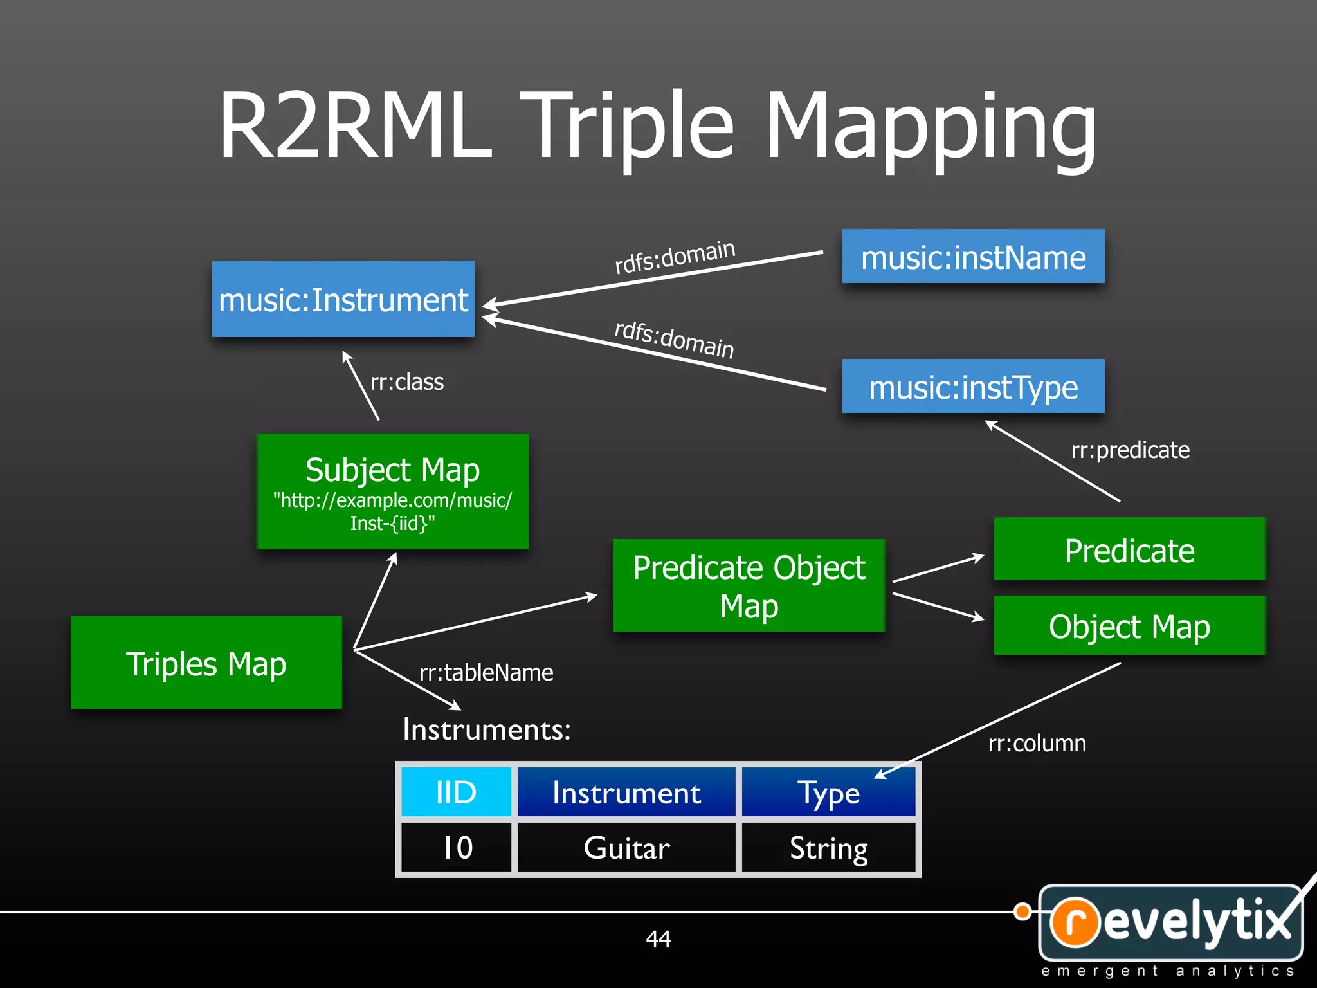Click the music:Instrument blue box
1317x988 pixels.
pos(343,300)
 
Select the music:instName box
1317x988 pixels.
pos(973,257)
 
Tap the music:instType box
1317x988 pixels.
pos(973,387)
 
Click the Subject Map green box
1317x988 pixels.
pos(392,491)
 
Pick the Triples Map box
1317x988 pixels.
pos(206,663)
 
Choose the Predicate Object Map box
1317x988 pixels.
pos(749,586)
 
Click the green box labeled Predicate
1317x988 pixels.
pos(1129,550)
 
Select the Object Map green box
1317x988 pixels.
pos(1129,626)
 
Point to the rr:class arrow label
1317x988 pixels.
pos(407,382)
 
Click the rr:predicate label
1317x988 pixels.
pos(1130,450)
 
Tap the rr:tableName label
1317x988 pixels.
pos(486,673)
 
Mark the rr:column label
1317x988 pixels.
pos(1037,744)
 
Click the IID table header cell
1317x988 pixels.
pos(456,792)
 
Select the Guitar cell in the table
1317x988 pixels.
pos(626,848)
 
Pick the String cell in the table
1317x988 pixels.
pos(828,848)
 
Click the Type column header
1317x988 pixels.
pos(828,792)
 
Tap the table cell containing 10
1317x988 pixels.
pos(456,848)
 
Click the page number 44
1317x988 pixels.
pos(658,939)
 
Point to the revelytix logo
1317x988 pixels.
pos(1170,924)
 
